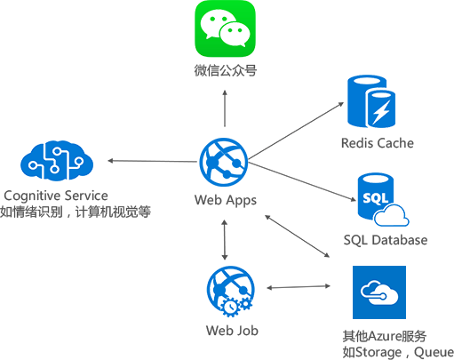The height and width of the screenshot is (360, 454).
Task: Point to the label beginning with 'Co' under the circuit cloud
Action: coord(76,204)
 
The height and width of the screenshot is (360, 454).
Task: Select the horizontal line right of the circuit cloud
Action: coord(152,161)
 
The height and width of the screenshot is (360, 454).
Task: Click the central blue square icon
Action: coord(223,162)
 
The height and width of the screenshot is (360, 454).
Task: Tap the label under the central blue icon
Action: coord(225,199)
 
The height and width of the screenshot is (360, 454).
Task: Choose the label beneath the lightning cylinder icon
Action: coord(378,143)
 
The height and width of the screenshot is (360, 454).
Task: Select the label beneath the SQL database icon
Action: coord(385,240)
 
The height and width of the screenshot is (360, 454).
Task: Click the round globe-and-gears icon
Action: coord(230,290)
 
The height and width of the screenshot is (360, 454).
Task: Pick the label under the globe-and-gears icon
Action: coord(230,330)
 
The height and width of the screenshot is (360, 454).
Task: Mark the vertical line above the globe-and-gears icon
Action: coord(225,239)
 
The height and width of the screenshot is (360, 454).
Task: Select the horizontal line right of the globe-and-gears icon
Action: coord(298,286)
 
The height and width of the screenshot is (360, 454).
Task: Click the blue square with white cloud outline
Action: coord(378,292)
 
